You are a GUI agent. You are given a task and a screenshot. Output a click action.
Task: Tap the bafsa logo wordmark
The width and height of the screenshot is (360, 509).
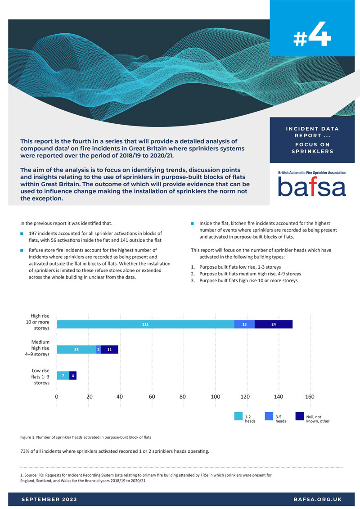[312, 186]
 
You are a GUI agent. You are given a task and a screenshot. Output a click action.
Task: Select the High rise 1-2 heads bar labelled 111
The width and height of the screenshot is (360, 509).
[145, 324]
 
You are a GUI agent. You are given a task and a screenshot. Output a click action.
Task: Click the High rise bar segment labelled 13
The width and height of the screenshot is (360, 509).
[244, 324]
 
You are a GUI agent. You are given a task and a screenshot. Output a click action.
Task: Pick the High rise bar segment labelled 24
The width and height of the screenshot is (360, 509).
[274, 324]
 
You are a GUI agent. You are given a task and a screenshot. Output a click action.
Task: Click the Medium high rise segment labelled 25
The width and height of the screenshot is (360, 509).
[76, 349]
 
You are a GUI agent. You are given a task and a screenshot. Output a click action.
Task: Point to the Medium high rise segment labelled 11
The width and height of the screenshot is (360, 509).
[109, 349]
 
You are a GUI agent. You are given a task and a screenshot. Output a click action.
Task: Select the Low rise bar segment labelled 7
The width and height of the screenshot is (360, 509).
[63, 375]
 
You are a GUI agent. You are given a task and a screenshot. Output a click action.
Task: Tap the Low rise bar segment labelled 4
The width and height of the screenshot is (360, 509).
[73, 375]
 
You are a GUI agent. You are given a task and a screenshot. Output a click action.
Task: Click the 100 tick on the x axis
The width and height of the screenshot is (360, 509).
[216, 397]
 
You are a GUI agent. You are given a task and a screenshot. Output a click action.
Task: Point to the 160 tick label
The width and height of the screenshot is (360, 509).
[310, 397]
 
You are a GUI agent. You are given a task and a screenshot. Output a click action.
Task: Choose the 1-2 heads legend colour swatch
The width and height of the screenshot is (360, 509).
[238, 416]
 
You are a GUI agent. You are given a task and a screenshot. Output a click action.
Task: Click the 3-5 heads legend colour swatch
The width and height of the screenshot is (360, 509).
[269, 416]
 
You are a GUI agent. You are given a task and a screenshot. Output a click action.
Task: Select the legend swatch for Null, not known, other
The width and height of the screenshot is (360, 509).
[300, 416]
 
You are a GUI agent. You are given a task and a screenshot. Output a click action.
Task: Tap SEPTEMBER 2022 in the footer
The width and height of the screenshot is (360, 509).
[49, 500]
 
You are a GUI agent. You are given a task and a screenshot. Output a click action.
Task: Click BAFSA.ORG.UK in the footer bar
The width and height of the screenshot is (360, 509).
[317, 500]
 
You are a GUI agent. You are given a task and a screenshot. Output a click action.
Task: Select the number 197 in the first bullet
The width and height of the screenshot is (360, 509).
[34, 234]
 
